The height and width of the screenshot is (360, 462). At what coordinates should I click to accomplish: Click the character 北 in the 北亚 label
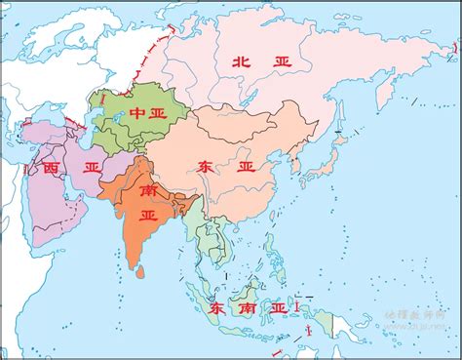242,61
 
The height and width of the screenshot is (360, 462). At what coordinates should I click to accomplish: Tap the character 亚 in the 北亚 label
283,61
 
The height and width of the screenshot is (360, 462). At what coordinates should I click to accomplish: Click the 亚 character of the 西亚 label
91,168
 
